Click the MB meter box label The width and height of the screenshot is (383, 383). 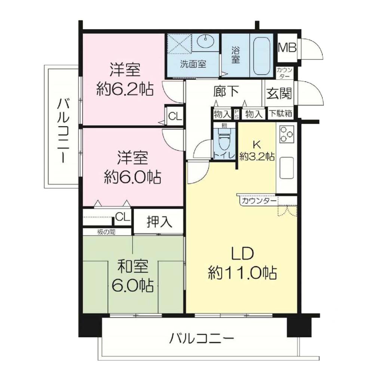click(x=287, y=48)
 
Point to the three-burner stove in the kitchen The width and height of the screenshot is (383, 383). click(x=287, y=134)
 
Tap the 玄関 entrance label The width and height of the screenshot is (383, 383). click(x=279, y=93)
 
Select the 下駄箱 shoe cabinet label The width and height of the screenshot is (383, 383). click(x=281, y=113)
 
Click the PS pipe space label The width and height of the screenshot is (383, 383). click(x=236, y=114)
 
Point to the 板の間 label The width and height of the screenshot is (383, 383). click(x=106, y=232)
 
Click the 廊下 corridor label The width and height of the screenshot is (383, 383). click(x=226, y=91)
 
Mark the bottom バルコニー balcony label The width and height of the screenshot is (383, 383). click(x=202, y=338)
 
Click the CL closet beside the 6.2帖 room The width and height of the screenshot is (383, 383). click(x=175, y=116)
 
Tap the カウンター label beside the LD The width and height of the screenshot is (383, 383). click(x=259, y=201)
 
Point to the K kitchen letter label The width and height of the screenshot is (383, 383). click(x=257, y=145)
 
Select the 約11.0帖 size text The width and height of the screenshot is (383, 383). click(x=242, y=273)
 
